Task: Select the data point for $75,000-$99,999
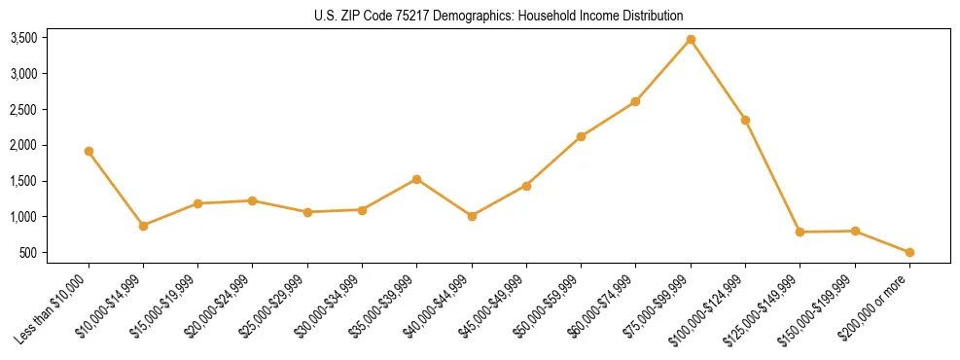coord(691,39)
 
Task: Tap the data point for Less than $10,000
coord(89,151)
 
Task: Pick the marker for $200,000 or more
coord(909,252)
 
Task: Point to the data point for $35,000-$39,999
coord(416,179)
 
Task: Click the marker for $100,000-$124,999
coord(745,120)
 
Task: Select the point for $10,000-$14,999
coord(143,226)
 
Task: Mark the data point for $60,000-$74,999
coord(635,101)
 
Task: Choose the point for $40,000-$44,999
coord(472,216)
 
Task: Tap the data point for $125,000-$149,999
coord(800,232)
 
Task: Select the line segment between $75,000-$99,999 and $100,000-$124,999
coord(718,80)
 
